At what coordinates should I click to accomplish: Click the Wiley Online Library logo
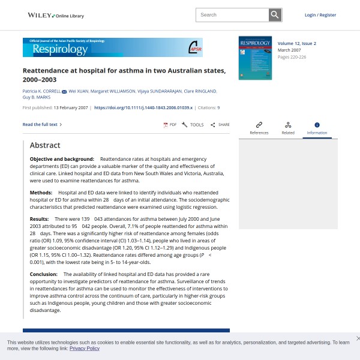[x=56, y=15]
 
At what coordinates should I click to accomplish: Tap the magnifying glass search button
[x=275, y=15]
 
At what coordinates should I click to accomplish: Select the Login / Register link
[x=320, y=15]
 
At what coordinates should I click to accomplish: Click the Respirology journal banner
[x=113, y=47]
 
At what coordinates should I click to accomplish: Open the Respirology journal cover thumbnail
[x=255, y=58]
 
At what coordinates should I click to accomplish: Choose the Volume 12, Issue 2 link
[x=296, y=43]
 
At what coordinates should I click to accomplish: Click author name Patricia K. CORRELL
[x=41, y=91]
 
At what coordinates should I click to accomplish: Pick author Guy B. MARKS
[x=37, y=97]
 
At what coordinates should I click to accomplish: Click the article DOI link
[x=143, y=107]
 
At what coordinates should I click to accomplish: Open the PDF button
[x=170, y=125]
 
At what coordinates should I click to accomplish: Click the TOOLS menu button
[x=193, y=125]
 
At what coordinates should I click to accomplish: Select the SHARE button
[x=220, y=125]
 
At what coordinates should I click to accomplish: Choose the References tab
[x=259, y=128]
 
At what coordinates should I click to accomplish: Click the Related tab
[x=288, y=128]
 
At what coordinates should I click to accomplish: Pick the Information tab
[x=317, y=128]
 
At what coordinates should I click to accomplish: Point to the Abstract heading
[x=45, y=145]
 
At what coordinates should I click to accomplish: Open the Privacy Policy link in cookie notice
[x=85, y=348]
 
